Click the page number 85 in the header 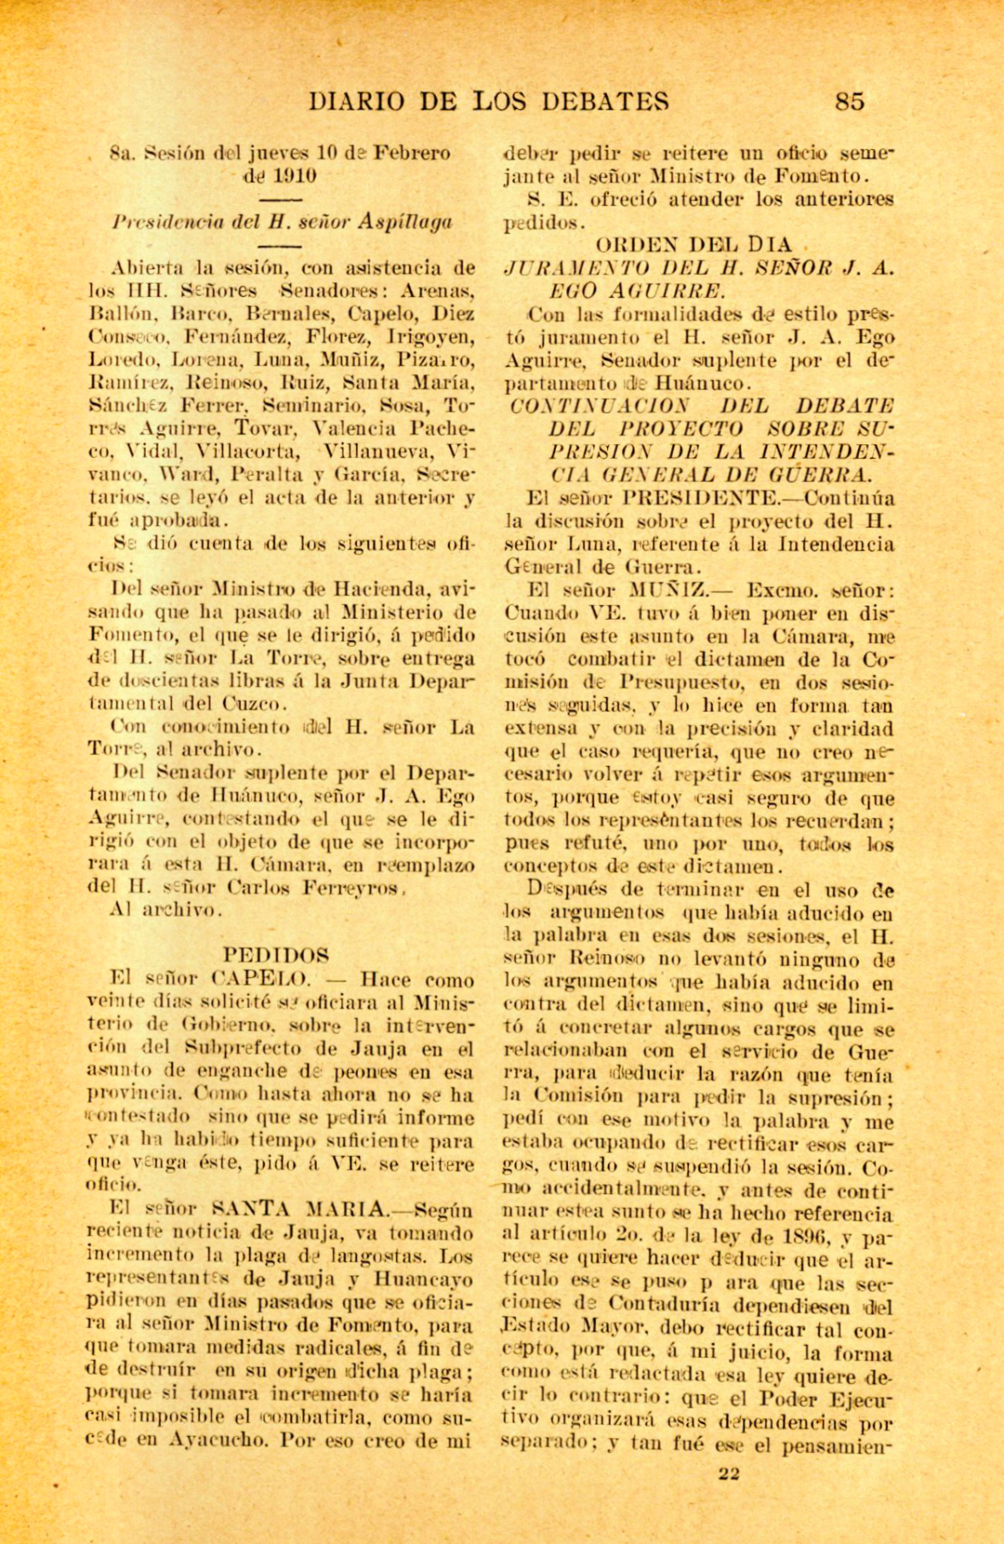click(x=849, y=101)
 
